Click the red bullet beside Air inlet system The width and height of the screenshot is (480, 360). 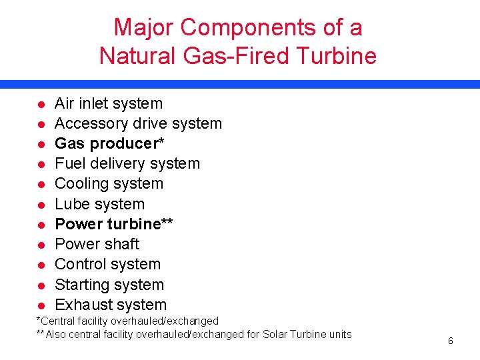click(41, 105)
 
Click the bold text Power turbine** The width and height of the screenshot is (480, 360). click(114, 224)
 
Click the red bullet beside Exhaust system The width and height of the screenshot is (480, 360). click(41, 305)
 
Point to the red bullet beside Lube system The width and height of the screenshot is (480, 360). click(41, 205)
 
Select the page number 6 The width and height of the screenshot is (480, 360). click(451, 341)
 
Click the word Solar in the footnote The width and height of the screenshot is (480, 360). click(278, 334)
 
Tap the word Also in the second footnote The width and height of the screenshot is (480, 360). click(56, 334)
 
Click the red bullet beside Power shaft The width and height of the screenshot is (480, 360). click(41, 245)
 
